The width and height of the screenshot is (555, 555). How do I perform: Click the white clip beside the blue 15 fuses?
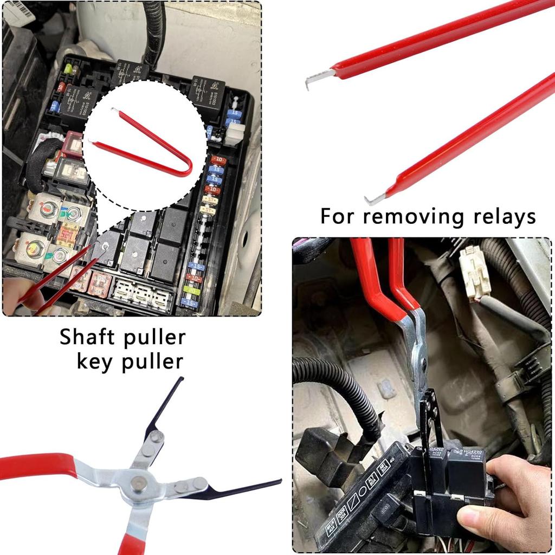234,133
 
